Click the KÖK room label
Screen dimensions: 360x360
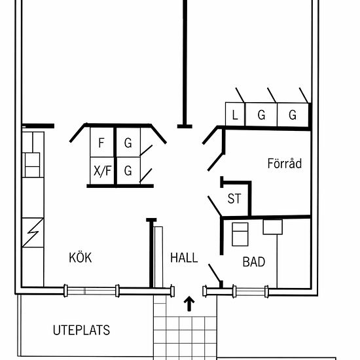tap(81, 258)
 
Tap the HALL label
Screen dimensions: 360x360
tap(184, 258)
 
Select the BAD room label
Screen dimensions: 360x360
tap(254, 262)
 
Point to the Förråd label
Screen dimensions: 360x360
tap(285, 164)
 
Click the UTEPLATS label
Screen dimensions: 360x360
tap(82, 330)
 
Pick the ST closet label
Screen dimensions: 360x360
tap(234, 198)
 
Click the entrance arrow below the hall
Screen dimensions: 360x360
tap(189, 304)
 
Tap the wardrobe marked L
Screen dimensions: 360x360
tap(236, 115)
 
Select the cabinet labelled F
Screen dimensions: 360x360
tap(101, 142)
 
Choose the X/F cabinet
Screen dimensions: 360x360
tap(102, 171)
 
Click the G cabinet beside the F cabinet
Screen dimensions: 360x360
tap(128, 142)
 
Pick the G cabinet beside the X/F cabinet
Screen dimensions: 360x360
tap(128, 171)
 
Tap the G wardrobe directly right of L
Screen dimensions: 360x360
tap(261, 115)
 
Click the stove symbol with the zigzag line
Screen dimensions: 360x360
tap(33, 232)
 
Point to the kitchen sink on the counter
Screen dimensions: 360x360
tap(32, 165)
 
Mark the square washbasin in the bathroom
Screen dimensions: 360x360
tap(272, 227)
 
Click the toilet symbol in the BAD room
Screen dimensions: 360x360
tap(240, 234)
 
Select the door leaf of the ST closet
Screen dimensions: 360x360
tap(215, 206)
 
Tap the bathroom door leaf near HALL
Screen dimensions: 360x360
tap(215, 273)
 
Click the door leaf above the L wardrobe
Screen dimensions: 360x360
tap(240, 96)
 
